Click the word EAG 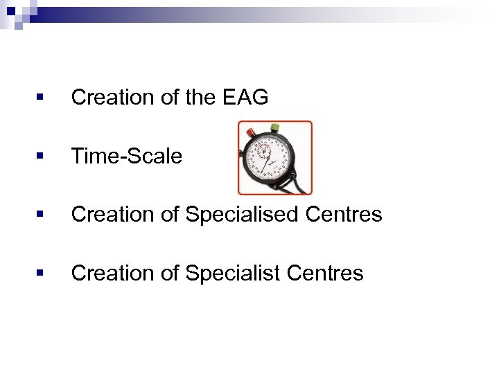point(246,98)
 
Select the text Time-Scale point(127,157)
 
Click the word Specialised point(243,215)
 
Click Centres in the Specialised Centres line point(345,215)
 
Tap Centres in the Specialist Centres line point(326,274)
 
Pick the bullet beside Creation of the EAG point(41,98)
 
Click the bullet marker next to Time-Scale point(41,157)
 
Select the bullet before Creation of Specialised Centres point(41,215)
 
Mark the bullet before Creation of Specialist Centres point(41,274)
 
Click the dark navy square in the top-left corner point(12,11)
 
